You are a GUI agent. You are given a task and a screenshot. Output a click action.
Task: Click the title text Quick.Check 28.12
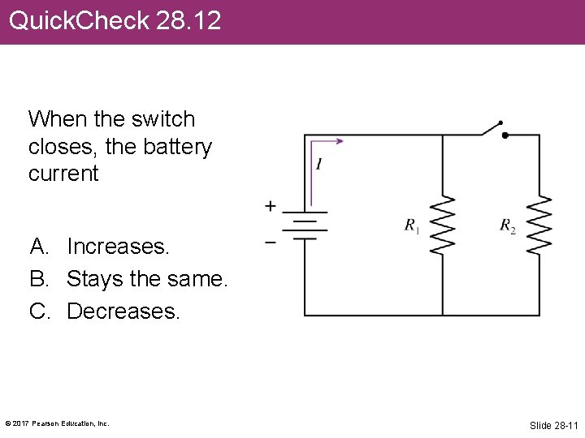coord(115,20)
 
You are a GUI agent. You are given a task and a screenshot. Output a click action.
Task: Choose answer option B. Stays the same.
coord(129,278)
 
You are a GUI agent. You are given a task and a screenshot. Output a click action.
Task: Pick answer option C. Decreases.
coord(105,311)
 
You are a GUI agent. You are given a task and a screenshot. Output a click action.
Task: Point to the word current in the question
coord(63,174)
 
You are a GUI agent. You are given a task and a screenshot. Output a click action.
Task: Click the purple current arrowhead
coord(339,141)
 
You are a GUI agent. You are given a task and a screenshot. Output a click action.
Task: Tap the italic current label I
coord(318,165)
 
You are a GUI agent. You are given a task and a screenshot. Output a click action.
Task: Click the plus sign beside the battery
coord(270,207)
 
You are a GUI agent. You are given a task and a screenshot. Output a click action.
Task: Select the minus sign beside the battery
coord(270,241)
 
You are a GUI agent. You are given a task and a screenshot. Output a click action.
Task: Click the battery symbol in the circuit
coord(305,226)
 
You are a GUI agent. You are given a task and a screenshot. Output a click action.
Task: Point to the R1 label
coord(412,225)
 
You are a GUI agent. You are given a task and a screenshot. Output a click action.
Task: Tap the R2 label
coord(507,225)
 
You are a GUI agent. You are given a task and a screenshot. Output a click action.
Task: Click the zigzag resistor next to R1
coord(443,225)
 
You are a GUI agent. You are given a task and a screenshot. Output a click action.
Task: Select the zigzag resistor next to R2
coord(539,225)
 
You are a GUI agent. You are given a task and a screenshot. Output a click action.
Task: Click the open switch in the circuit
coord(491,129)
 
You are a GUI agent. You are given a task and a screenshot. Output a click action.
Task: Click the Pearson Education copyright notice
coord(57,423)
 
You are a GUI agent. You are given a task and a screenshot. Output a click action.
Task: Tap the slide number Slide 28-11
coord(552,425)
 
